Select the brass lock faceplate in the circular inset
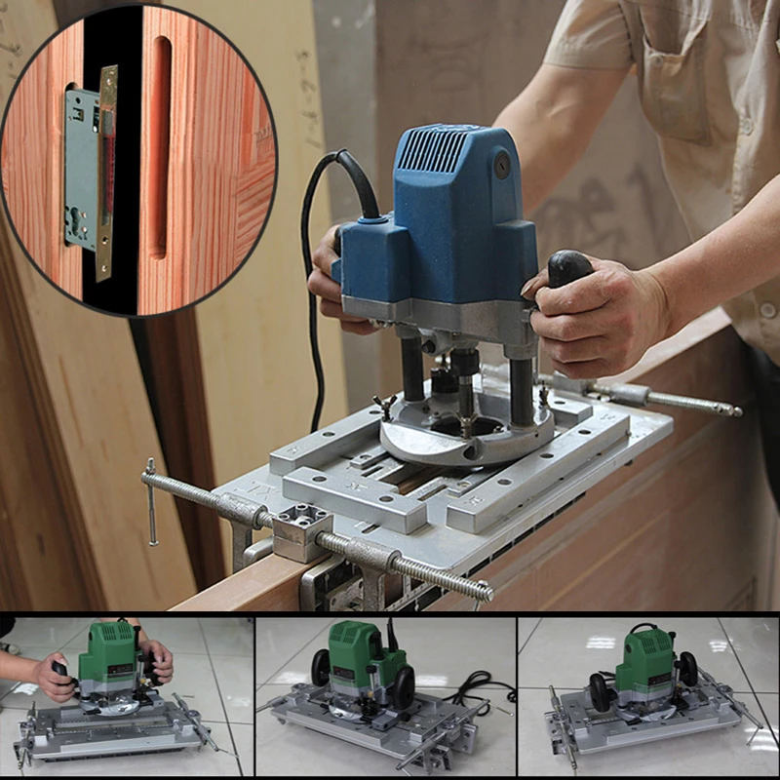click(x=106, y=172)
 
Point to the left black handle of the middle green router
click(x=321, y=668)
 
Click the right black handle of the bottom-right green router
click(x=688, y=668)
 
